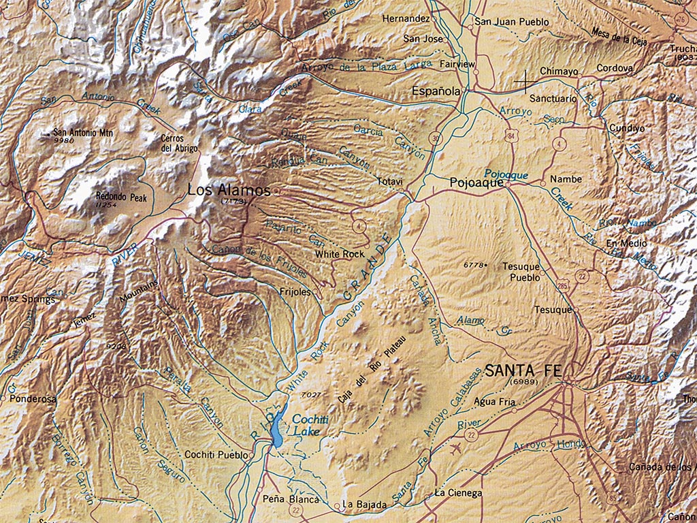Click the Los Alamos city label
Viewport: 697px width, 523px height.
[229, 190]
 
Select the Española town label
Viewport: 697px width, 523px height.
[437, 91]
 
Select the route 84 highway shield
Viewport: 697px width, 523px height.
[510, 138]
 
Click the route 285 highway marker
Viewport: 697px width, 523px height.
[562, 285]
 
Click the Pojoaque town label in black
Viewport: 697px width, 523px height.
[476, 183]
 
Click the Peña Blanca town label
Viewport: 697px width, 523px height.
[291, 500]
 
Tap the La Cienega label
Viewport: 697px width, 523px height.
[459, 493]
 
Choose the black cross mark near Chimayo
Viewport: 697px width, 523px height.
[524, 82]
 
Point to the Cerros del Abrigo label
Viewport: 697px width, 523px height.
[179, 143]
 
